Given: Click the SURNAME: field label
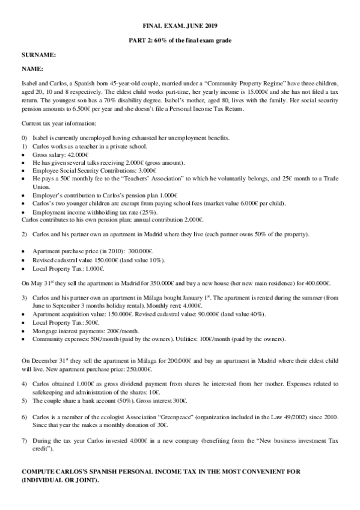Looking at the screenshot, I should [38, 55].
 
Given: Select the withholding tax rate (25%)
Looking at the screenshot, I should [145, 212].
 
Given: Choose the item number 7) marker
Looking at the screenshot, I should [25, 440].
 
